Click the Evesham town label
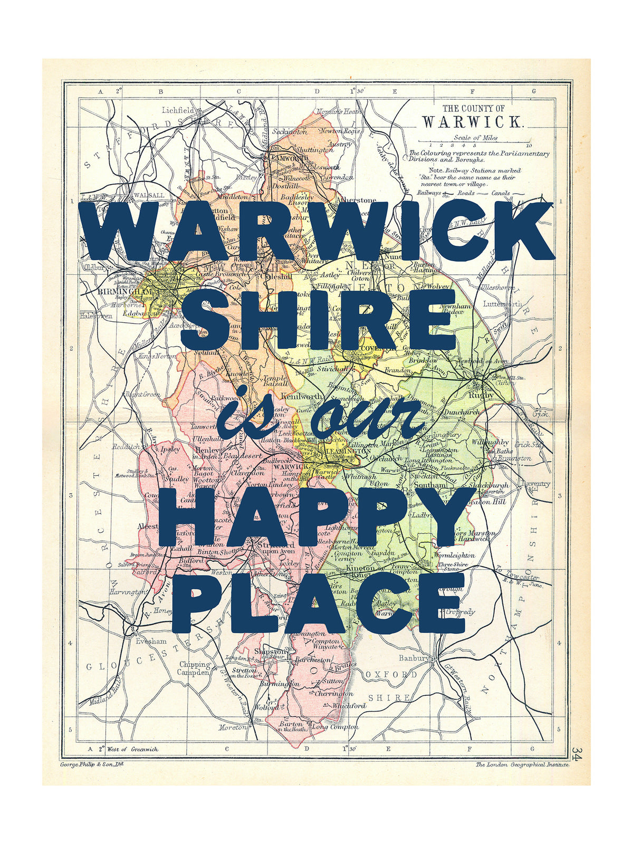151,641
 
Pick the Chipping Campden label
195,668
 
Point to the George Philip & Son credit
92,764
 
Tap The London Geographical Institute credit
522,764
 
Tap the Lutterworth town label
502,304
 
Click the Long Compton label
335,727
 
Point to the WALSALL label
149,195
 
